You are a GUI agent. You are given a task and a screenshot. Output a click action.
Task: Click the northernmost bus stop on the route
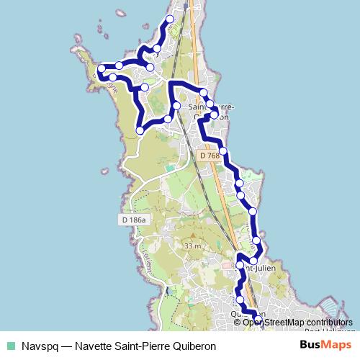click(170, 19)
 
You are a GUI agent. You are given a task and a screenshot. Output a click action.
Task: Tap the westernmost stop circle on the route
click(102, 69)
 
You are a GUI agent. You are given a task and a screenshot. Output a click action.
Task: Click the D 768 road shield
click(210, 156)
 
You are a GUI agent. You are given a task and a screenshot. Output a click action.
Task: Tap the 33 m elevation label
click(192, 246)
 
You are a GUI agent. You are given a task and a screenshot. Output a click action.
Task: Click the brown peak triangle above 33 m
click(192, 235)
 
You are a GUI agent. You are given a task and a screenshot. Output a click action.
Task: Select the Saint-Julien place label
click(259, 268)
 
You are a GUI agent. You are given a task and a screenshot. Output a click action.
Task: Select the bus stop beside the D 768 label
click(223, 151)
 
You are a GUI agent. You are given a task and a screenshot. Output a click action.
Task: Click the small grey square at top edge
click(185, 4)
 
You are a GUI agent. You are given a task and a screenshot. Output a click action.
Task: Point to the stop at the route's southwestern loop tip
click(140, 130)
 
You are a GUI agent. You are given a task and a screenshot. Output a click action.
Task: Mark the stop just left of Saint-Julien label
click(240, 265)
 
